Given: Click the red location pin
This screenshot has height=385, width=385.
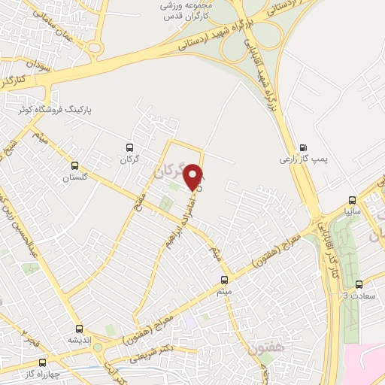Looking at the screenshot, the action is pyautogui.click(x=194, y=177).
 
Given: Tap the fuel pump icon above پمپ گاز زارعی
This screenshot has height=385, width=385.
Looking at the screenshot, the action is pyautogui.click(x=303, y=147).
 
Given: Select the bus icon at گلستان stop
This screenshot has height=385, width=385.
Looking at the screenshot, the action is pyautogui.click(x=74, y=165).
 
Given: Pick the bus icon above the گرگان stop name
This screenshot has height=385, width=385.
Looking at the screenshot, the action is pyautogui.click(x=129, y=148).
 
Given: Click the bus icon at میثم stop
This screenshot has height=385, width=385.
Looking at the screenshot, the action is pyautogui.click(x=224, y=279).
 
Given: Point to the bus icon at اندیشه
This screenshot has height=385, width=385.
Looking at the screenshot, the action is pyautogui.click(x=80, y=329).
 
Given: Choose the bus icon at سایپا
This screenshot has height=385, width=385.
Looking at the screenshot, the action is pyautogui.click(x=351, y=201).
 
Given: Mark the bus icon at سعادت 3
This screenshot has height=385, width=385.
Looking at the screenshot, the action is pyautogui.click(x=359, y=284).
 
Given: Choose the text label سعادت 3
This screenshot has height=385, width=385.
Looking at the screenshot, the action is pyautogui.click(x=359, y=296).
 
